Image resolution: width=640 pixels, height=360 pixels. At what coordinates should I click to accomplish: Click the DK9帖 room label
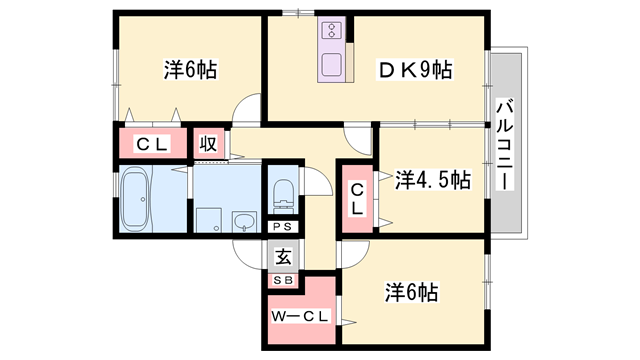pos(414,70)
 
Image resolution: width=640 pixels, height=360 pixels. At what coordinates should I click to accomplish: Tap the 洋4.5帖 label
pos(433,180)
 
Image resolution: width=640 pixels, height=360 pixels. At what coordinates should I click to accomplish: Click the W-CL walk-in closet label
pos(297,318)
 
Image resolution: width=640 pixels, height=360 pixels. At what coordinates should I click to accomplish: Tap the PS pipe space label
pos(283,227)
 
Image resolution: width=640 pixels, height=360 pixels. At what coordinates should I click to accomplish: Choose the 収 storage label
pos(208,143)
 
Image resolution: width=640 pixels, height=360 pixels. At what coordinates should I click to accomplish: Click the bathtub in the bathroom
pos(135,197)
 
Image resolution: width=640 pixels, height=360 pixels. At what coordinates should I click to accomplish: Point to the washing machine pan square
pos(207,219)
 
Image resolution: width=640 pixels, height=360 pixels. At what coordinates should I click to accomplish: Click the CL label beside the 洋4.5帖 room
pos(357,197)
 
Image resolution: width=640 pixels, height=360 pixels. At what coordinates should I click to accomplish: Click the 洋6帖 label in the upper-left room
pos(191,70)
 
